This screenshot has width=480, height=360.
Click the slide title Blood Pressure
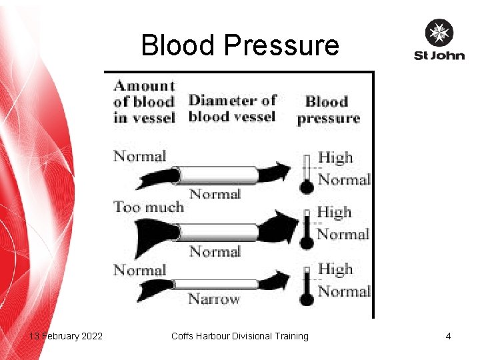(240, 45)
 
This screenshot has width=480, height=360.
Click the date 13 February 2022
(66, 336)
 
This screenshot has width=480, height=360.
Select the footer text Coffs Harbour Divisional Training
(240, 336)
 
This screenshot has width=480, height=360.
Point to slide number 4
(449, 336)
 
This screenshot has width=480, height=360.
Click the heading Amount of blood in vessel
(144, 101)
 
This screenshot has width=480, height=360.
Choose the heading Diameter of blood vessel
(232, 109)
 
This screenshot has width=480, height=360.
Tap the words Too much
(148, 207)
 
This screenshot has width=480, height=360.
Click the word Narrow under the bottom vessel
(214, 299)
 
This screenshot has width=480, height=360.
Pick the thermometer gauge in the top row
(307, 175)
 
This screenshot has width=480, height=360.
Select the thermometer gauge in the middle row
(307, 231)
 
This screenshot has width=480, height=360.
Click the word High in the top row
(335, 158)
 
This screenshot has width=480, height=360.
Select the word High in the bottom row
(335, 269)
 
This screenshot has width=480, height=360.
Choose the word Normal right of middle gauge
(343, 234)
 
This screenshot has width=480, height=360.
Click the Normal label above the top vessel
(139, 157)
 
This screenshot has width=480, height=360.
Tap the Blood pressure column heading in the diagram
(328, 110)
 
